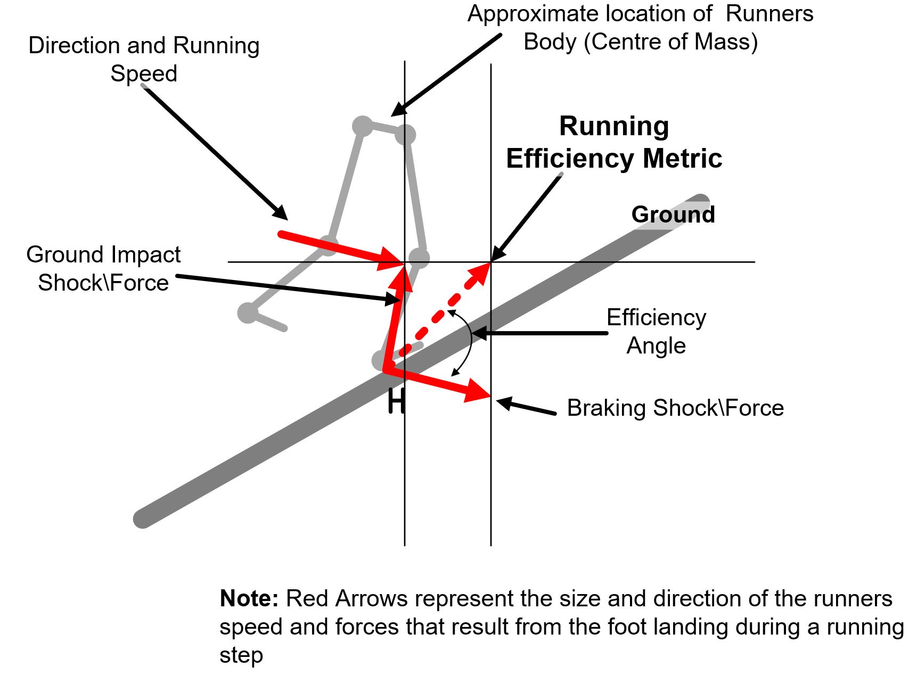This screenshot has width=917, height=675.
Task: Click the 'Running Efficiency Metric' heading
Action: tap(614, 142)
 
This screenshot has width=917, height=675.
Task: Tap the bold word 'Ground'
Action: tap(673, 215)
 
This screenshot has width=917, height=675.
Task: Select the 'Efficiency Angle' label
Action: tap(656, 332)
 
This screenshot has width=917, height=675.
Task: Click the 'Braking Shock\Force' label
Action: tap(675, 408)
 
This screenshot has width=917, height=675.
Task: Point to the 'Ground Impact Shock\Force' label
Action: tap(103, 268)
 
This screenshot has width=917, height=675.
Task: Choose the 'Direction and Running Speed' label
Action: tap(144, 59)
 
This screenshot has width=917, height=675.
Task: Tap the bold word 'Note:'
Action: tap(249, 599)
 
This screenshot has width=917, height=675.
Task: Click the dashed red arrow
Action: tap(445, 309)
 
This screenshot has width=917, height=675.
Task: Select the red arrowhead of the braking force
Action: tap(477, 391)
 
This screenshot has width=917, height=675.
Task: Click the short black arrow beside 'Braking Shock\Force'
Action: tap(526, 406)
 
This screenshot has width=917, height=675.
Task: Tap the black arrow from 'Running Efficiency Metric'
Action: tap(526, 217)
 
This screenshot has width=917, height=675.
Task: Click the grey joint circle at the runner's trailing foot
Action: tap(248, 312)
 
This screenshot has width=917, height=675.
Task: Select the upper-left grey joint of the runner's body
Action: tap(363, 126)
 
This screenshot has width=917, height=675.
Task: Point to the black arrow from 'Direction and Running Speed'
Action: tap(215, 152)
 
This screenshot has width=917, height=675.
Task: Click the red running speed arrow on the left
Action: tap(341, 248)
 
